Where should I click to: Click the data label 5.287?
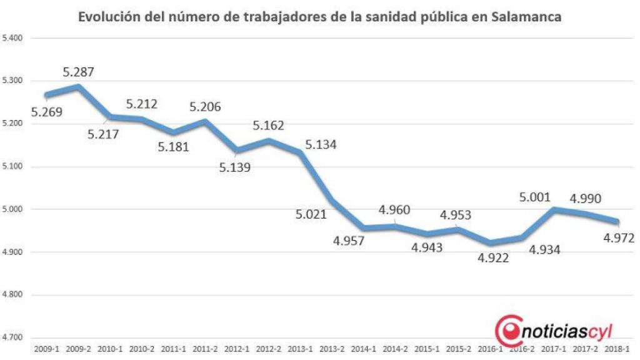point(78,72)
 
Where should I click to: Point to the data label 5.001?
point(536,197)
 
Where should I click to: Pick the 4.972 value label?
point(619,237)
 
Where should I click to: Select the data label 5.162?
point(267,126)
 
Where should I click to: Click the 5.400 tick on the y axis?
point(12,38)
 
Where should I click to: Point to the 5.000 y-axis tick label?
point(12,209)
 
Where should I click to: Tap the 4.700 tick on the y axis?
point(12,337)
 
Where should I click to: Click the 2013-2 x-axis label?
point(332,349)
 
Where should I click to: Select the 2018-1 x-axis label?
point(617,349)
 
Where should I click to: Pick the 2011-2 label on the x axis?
point(205,349)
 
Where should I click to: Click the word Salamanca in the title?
point(527,17)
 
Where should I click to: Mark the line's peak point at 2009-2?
point(77,86)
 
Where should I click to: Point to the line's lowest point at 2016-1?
point(491,242)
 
